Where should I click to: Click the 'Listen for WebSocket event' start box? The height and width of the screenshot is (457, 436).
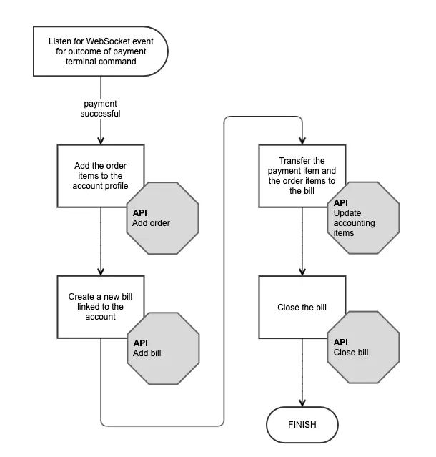coord(101,51)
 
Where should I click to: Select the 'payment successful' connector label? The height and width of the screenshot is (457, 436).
coord(101,109)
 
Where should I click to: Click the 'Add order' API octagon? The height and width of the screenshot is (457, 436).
coord(162,218)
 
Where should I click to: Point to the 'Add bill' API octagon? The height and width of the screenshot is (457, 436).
coord(163,348)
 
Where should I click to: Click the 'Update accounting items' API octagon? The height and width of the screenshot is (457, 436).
coord(363,217)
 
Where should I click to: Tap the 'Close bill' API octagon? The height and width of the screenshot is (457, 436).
coord(363,347)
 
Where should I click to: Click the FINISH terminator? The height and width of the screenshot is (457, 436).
coord(302,424)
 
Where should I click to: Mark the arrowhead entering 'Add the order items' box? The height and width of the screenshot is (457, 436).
coord(101,141)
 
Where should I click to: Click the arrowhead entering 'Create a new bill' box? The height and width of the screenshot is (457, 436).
coord(101,272)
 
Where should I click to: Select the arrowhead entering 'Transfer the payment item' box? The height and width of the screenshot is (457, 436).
coord(302,141)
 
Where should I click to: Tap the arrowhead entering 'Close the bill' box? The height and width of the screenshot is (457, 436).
coord(302,272)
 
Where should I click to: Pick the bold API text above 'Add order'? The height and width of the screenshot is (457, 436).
coord(140,212)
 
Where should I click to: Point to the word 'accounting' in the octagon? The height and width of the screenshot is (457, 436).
coord(354,223)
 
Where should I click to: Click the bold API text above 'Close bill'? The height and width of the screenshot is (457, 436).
coord(341,342)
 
